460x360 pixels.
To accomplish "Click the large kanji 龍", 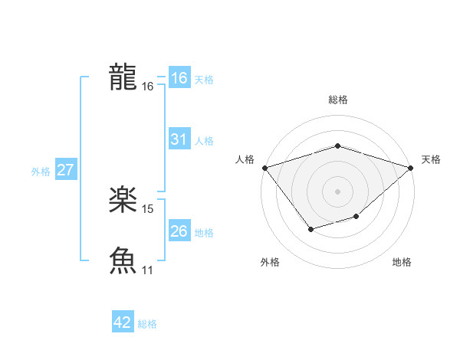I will pyautogui.click(x=123, y=77).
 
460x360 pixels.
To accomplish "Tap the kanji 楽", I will pyautogui.click(x=123, y=201).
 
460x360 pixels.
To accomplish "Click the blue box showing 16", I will pyautogui.click(x=179, y=78).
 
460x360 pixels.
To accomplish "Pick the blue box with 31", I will pyautogui.click(x=179, y=139).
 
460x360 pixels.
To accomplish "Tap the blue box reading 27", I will pyautogui.click(x=65, y=170).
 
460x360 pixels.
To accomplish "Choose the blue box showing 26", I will pyautogui.click(x=179, y=231).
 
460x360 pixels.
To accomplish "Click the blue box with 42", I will pyautogui.click(x=123, y=323).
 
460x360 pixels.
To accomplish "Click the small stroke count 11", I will pyautogui.click(x=148, y=270).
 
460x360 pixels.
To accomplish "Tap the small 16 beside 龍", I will pyautogui.click(x=148, y=87).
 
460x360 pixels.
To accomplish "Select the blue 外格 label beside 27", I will pyautogui.click(x=41, y=172).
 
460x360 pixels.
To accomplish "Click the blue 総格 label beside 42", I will pyautogui.click(x=147, y=324).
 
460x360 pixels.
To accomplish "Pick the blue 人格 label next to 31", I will pyautogui.click(x=204, y=141).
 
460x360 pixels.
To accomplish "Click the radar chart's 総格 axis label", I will pyautogui.click(x=337, y=100).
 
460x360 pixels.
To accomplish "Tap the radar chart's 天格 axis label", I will pyautogui.click(x=431, y=159).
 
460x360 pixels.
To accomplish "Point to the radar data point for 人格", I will pyautogui.click(x=264, y=167).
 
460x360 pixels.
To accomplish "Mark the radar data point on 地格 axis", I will pyautogui.click(x=356, y=217).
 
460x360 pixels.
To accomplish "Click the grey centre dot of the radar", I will pyautogui.click(x=337, y=191).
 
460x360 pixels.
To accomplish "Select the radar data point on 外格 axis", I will pyautogui.click(x=310, y=228).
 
